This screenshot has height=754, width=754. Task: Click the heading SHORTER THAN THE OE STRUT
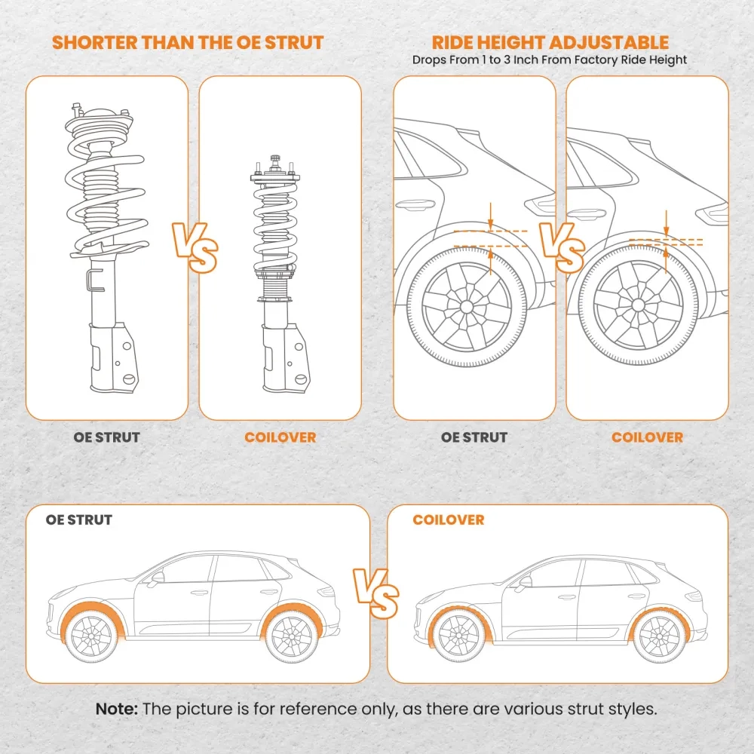pos(188,42)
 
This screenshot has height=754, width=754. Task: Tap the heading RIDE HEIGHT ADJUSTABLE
pos(550,42)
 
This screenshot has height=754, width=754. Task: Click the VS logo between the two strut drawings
pos(195,247)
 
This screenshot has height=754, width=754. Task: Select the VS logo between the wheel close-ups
pos(561,247)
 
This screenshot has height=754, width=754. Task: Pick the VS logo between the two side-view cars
pos(376,591)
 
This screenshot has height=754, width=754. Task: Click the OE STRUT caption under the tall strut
pos(106,437)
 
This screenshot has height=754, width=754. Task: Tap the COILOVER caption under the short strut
pos(280,437)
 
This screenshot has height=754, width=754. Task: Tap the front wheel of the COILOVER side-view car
pos(459,634)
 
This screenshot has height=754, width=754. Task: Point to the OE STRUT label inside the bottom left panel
pos(79,520)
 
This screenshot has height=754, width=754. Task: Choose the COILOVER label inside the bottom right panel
pos(449,520)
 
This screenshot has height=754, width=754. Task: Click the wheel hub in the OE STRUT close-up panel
pos(466,307)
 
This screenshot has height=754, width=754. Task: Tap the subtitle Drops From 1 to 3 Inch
pos(550,60)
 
